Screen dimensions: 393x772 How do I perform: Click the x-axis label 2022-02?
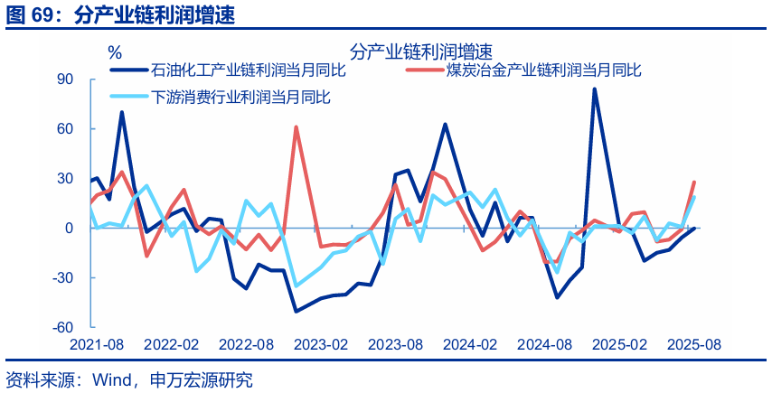(171, 345)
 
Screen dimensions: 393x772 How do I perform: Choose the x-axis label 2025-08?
(693, 345)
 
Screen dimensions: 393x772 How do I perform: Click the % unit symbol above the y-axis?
(115, 52)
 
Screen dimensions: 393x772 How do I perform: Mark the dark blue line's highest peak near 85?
(594, 89)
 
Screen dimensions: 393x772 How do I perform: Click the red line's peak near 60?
(297, 127)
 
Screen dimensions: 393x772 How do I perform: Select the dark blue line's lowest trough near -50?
(296, 312)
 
